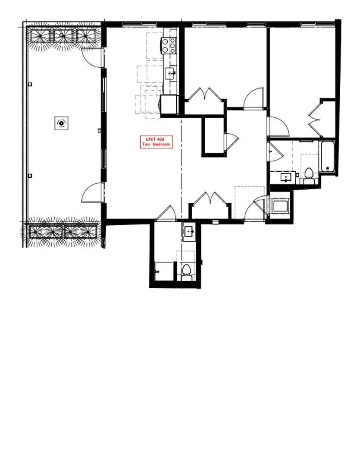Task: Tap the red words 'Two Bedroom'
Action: click(x=156, y=145)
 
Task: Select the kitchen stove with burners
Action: click(x=169, y=45)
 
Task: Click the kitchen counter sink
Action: click(x=170, y=73)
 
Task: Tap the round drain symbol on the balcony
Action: click(x=62, y=123)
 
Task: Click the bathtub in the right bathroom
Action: click(x=328, y=157)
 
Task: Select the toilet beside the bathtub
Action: click(x=309, y=176)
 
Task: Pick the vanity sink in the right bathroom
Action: click(x=286, y=177)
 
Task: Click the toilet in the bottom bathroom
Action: click(x=186, y=273)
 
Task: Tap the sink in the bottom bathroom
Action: click(x=189, y=231)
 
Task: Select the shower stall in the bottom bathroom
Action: click(x=164, y=271)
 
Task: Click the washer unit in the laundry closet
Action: click(x=280, y=206)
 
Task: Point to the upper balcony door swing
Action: click(x=92, y=57)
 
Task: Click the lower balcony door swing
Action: click(x=93, y=193)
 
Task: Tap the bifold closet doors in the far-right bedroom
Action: click(x=315, y=119)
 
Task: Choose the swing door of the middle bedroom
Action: click(x=254, y=98)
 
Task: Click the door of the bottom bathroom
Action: click(x=166, y=213)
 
